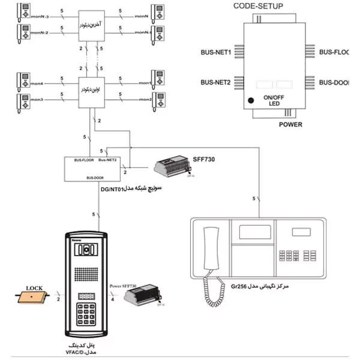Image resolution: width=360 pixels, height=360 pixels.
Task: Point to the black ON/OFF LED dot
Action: [252, 100]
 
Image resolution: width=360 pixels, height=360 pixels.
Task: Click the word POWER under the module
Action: [290, 125]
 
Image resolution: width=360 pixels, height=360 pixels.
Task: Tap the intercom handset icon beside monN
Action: [158, 11]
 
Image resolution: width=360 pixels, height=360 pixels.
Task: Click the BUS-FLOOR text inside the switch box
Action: [83, 161]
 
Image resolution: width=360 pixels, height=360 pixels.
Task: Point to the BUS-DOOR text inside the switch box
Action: [94, 178]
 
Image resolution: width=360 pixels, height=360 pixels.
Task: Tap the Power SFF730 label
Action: [124, 287]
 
